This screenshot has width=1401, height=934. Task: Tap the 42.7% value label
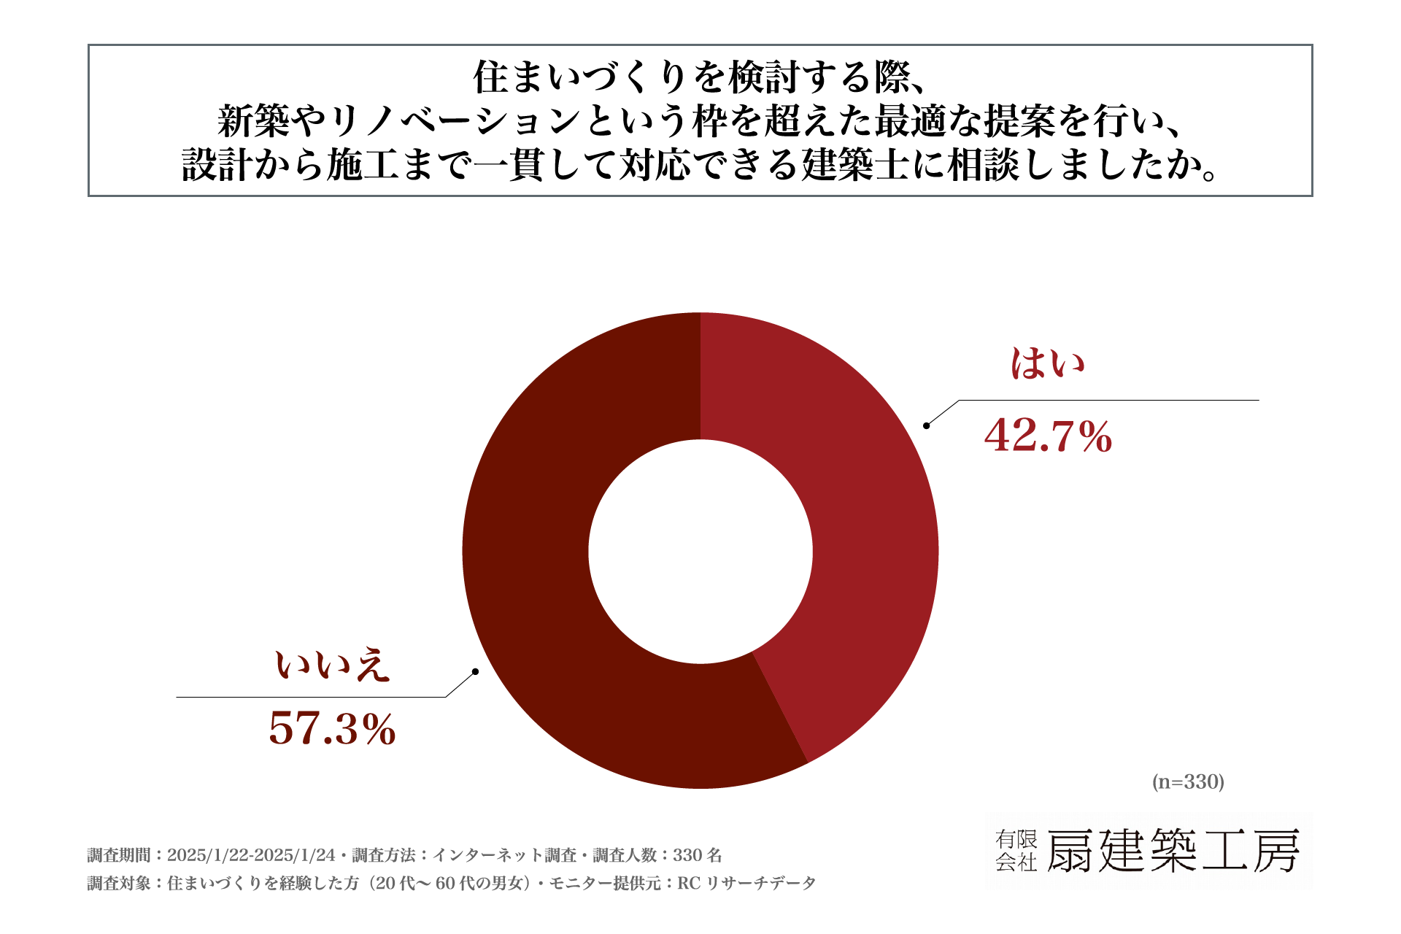tap(1048, 436)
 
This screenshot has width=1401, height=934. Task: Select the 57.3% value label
tap(332, 728)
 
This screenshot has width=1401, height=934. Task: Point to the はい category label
tap(1048, 363)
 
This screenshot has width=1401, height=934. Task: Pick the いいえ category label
tap(332, 665)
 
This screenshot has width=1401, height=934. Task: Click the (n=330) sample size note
tap(1188, 781)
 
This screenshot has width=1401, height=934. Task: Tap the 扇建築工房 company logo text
tap(1173, 851)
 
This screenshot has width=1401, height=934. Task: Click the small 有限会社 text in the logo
tap(1016, 851)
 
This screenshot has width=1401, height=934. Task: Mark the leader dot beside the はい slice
tap(926, 425)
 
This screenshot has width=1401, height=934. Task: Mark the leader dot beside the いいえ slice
tap(475, 671)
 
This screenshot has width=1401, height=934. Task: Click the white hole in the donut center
tap(700, 551)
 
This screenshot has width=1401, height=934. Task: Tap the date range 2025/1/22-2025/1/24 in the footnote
tap(251, 855)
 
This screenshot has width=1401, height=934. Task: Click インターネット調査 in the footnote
tap(504, 855)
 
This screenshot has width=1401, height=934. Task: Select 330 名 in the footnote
tap(698, 855)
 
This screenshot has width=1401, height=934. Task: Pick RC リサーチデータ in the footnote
tap(746, 884)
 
